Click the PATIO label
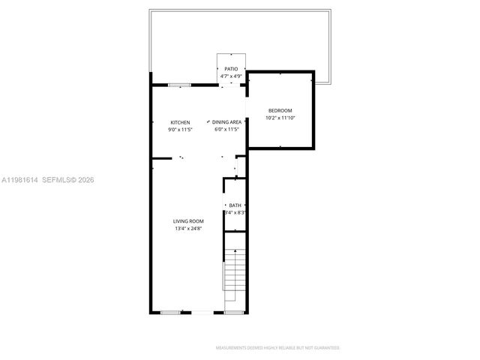click(x=231, y=69)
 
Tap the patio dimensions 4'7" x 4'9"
click(x=231, y=76)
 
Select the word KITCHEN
click(x=180, y=122)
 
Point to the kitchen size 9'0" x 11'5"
click(x=180, y=130)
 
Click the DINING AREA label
click(x=226, y=122)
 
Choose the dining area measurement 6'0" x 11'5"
click(x=226, y=130)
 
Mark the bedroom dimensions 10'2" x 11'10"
click(x=280, y=118)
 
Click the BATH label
click(x=235, y=205)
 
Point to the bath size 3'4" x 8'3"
click(x=235, y=213)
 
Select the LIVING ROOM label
click(x=188, y=221)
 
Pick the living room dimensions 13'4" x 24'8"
click(x=188, y=229)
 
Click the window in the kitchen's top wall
click(x=178, y=85)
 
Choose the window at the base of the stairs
click(x=235, y=311)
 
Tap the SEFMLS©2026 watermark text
click(x=67, y=180)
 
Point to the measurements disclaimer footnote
click(x=277, y=348)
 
